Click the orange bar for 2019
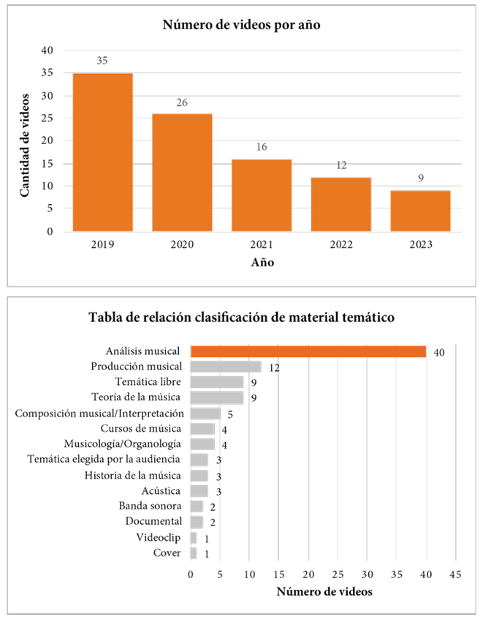102,151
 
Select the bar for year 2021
262,195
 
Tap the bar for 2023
420,211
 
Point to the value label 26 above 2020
182,103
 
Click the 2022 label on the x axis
340,244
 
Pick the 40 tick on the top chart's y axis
47,50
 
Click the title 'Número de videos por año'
241,26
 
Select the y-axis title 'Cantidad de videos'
24,144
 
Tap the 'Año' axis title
262,262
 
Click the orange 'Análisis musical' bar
308,352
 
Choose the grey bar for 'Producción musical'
226,367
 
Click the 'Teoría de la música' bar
217,397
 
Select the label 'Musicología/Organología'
123,443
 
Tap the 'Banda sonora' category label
150,506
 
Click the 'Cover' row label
168,553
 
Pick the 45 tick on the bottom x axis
455,574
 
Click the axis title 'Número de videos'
324,591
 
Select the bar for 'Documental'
197,522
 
